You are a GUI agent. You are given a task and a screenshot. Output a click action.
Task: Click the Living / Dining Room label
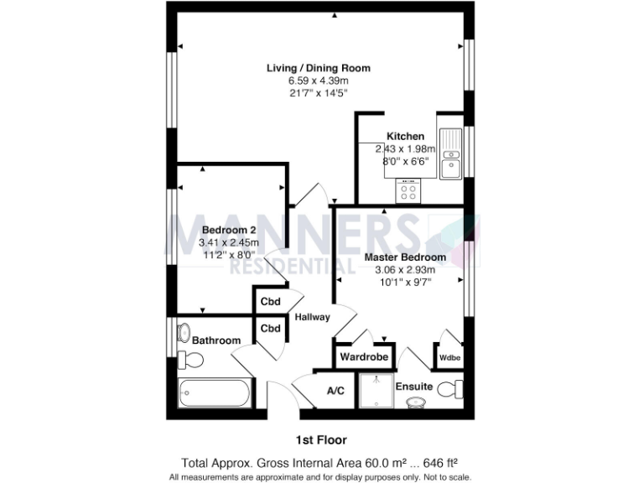pos(318,68)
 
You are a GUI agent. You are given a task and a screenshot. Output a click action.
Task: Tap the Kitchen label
pos(405,136)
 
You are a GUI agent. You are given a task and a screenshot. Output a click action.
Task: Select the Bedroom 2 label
pos(228,230)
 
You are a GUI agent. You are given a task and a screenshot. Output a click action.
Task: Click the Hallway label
pos(312,317)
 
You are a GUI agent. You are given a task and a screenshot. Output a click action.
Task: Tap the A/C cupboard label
pos(335,391)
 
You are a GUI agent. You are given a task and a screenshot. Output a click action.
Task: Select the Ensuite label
pos(414,387)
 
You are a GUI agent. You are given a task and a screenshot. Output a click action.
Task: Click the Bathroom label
pos(216,340)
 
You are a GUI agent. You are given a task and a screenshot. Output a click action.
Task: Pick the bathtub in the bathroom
pos(216,392)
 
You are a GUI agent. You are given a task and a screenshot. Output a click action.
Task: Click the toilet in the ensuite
pos(451,389)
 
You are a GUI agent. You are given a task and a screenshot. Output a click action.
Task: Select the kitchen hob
pos(409,191)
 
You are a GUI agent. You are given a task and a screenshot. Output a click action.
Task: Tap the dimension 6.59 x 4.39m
pos(318,80)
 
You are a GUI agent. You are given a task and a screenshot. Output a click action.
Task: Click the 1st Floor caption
pos(321,439)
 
